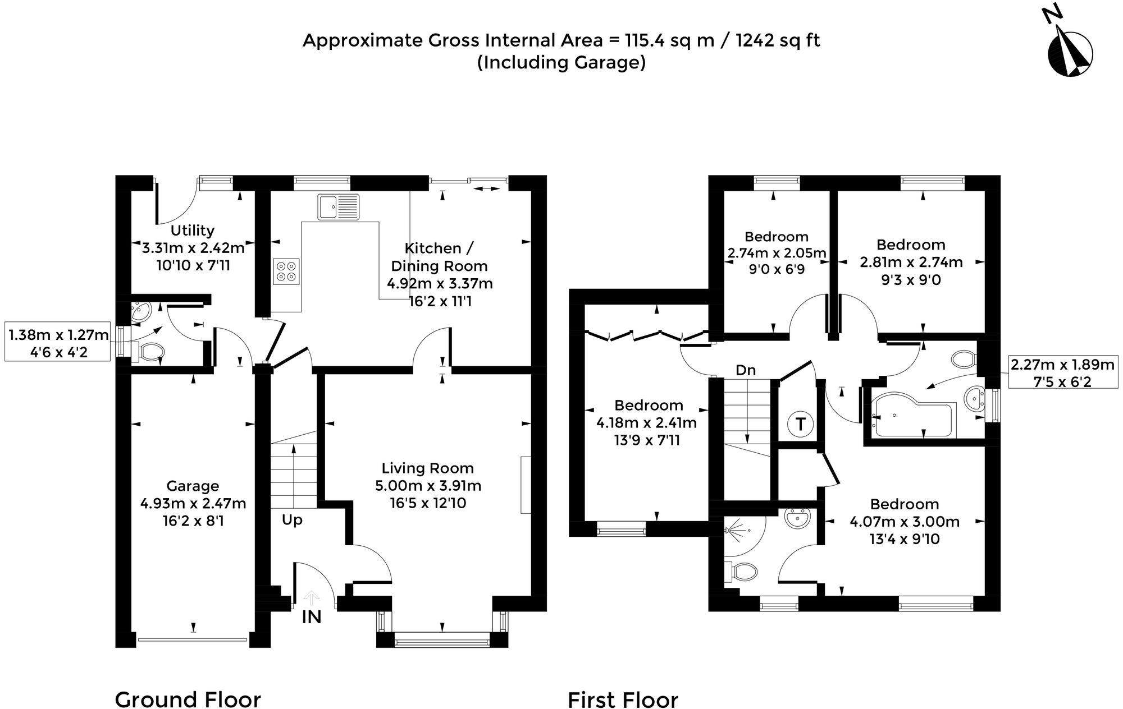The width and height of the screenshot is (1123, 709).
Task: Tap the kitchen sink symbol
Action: pyautogui.click(x=338, y=206)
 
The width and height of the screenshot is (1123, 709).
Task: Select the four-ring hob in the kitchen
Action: pyautogui.click(x=286, y=271)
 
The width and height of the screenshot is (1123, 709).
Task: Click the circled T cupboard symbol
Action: pyautogui.click(x=800, y=423)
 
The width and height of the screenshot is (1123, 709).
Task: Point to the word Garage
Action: pyautogui.click(x=193, y=486)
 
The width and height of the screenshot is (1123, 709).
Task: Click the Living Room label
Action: pyautogui.click(x=427, y=468)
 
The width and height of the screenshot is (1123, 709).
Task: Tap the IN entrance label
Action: pyautogui.click(x=312, y=618)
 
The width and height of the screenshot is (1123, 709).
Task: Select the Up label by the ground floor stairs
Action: pyautogui.click(x=292, y=520)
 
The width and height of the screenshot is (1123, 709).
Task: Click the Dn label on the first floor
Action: pyautogui.click(x=746, y=370)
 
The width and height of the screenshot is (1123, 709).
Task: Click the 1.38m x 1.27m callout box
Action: pyautogui.click(x=58, y=343)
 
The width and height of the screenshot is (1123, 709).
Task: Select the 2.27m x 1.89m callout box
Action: pyautogui.click(x=1062, y=373)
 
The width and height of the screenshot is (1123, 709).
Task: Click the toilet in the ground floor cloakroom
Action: pyautogui.click(x=150, y=352)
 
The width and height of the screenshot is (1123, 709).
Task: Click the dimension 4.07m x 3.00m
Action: pyautogui.click(x=904, y=522)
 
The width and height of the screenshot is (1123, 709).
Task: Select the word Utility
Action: pyautogui.click(x=193, y=231)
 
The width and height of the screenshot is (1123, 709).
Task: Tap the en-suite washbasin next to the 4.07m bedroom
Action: pyautogui.click(x=798, y=518)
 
